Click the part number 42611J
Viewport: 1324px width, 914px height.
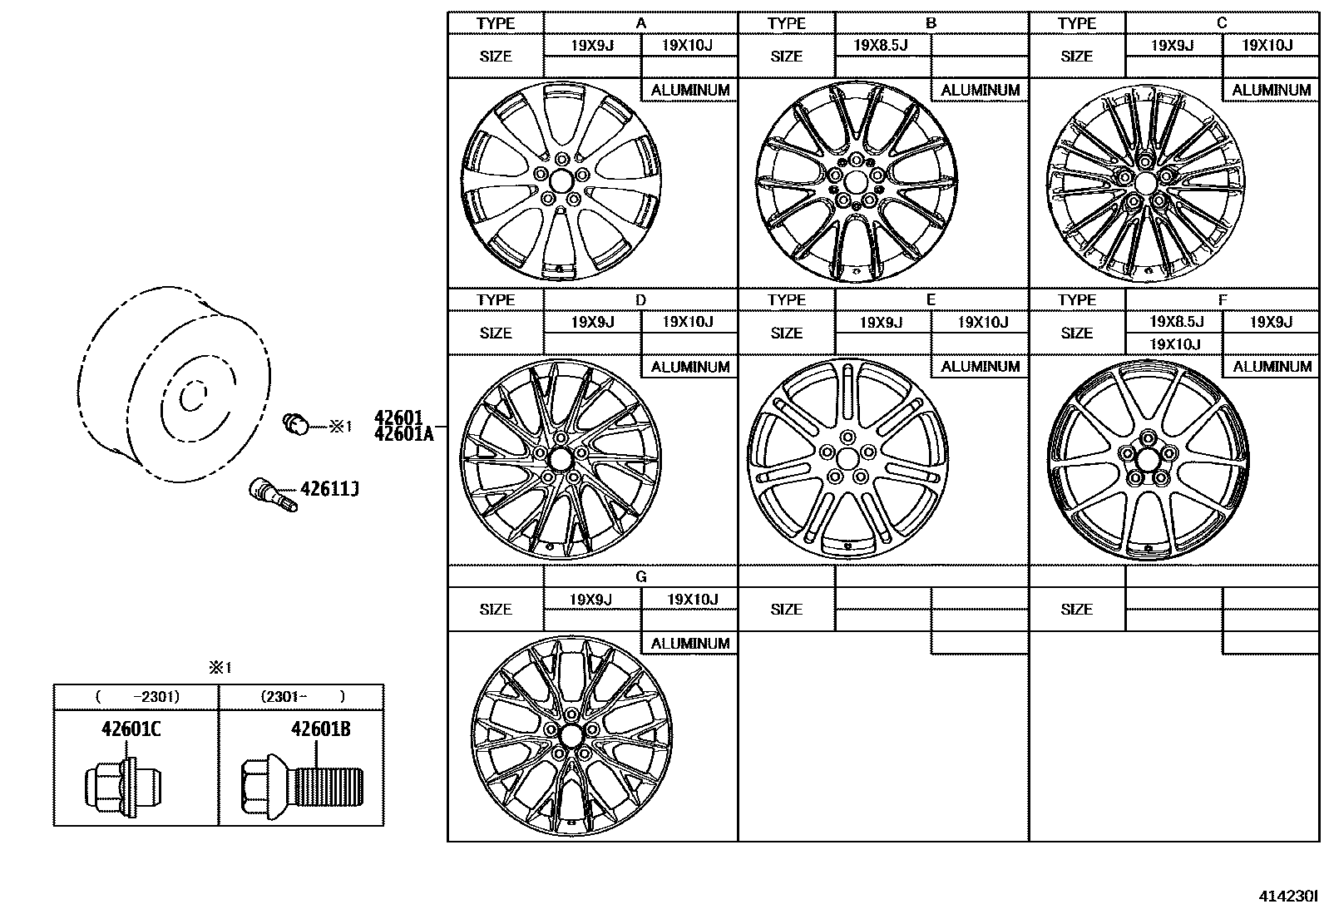click(x=329, y=489)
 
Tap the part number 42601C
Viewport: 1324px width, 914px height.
click(x=131, y=729)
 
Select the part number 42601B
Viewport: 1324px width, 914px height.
click(x=320, y=729)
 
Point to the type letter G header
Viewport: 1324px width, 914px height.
click(x=640, y=576)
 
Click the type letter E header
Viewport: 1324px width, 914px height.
click(x=931, y=299)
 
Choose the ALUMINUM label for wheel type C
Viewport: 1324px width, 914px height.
click(x=1271, y=90)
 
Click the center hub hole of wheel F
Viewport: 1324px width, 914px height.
click(x=1148, y=457)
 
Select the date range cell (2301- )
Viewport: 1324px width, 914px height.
click(x=302, y=697)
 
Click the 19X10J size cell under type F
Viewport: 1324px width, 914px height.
click(x=1174, y=344)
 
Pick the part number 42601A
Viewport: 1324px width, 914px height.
click(x=404, y=433)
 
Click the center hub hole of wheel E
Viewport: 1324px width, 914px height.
click(x=847, y=458)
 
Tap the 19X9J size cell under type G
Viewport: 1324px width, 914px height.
click(x=591, y=600)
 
